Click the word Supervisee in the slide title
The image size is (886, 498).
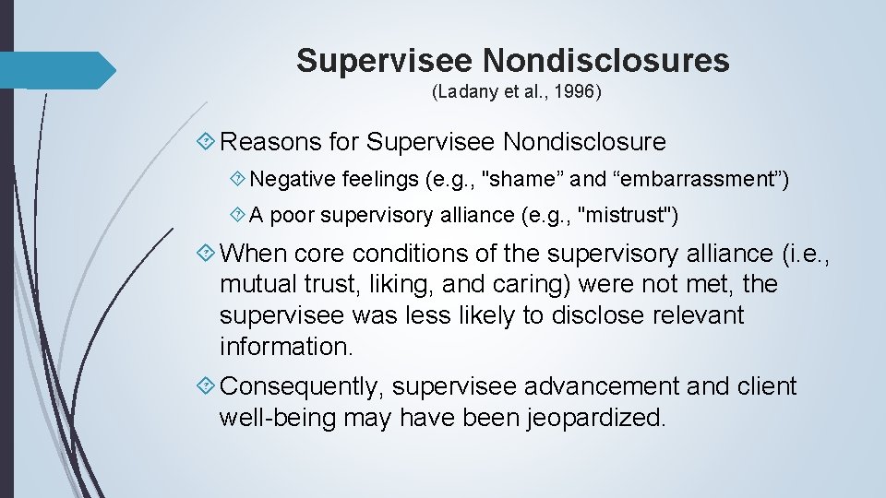385,61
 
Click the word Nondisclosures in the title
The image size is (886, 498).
605,61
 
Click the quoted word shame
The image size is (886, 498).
507,179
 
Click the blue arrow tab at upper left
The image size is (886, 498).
55,70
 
